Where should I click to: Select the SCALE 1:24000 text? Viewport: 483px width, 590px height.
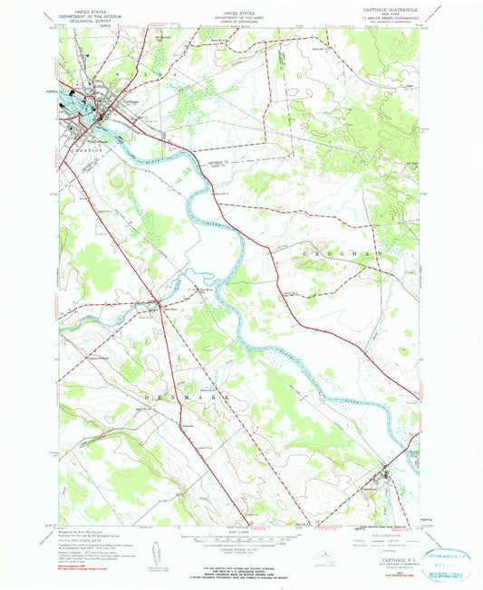[x=238, y=531]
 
